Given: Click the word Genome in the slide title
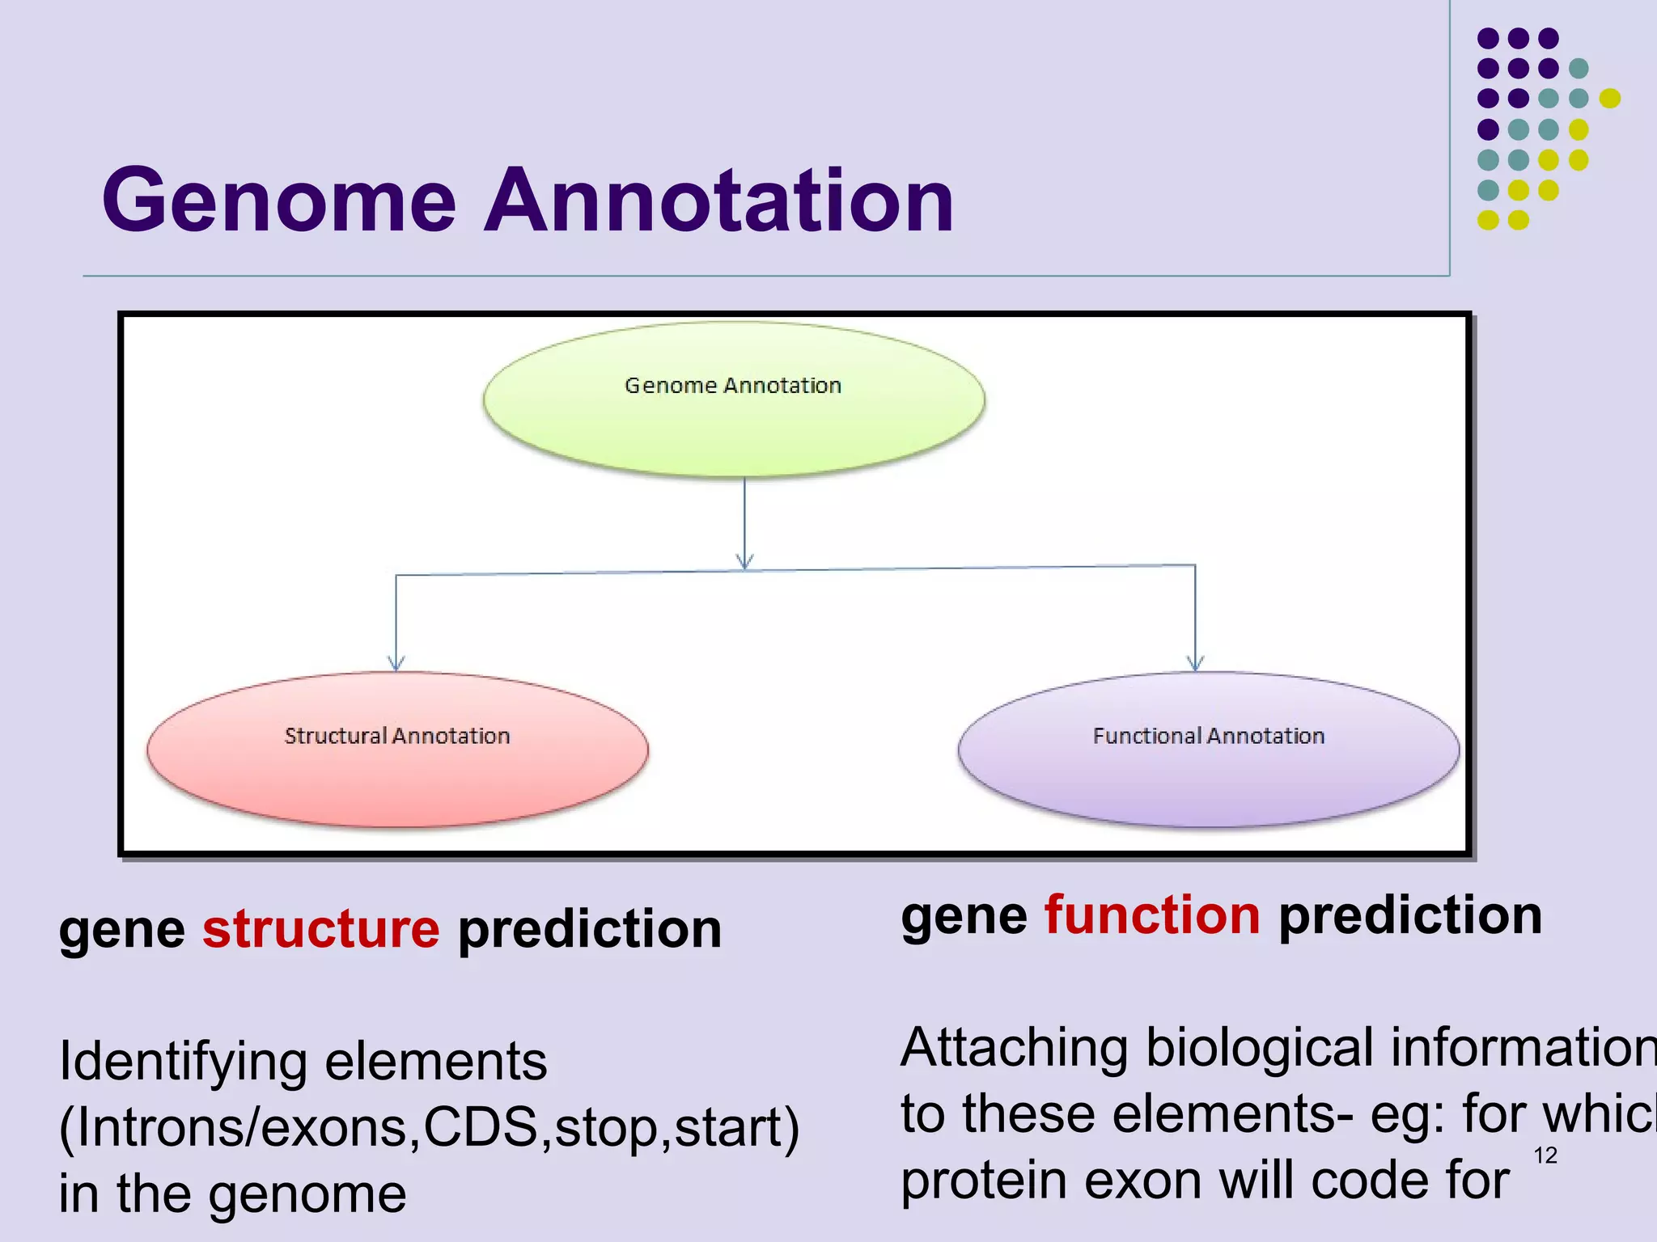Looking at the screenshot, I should (x=279, y=201).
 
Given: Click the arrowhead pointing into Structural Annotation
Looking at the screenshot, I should (x=396, y=663).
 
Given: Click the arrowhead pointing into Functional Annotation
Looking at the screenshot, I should (x=1195, y=663).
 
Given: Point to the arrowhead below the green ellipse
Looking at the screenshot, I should (x=745, y=561).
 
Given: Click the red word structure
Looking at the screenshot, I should (x=320, y=928).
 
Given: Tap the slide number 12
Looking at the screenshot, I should (x=1545, y=1155).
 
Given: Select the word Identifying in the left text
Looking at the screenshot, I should (x=183, y=1062).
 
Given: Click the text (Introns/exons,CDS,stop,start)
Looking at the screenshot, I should (x=429, y=1127).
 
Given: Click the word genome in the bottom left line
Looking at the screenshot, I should (x=307, y=1193).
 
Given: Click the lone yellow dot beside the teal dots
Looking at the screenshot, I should (x=1610, y=99).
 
